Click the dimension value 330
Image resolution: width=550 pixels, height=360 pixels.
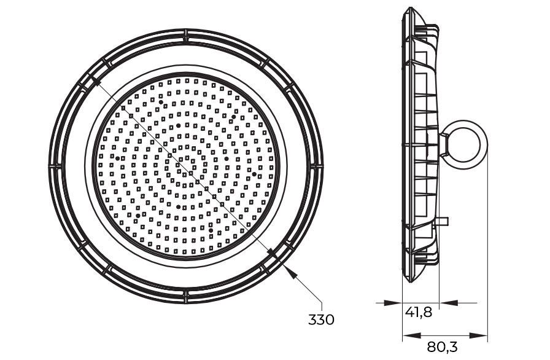pos(321,319)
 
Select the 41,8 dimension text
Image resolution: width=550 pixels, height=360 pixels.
pos(419,312)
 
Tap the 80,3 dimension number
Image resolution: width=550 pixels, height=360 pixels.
pos(443,347)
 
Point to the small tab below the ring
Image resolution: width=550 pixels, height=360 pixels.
pos(443,220)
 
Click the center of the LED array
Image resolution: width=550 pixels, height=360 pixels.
pos(187,165)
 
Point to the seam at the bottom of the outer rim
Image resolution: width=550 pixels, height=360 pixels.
pos(185,295)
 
